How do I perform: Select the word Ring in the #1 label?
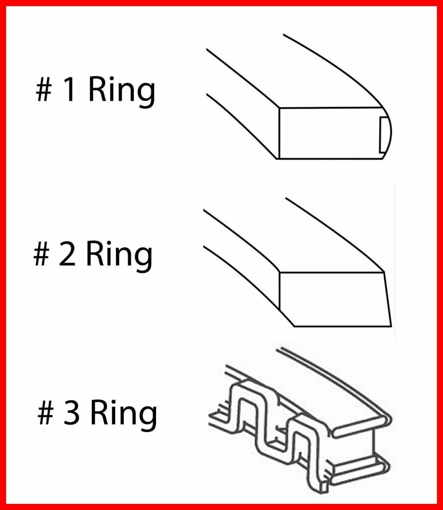click(122, 91)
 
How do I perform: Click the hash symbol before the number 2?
click(41, 255)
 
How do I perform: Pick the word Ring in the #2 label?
click(119, 255)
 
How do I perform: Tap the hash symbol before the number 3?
click(45, 414)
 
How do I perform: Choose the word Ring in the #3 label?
click(123, 414)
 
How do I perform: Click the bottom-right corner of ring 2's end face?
click(391, 326)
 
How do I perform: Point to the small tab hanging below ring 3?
click(324, 484)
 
